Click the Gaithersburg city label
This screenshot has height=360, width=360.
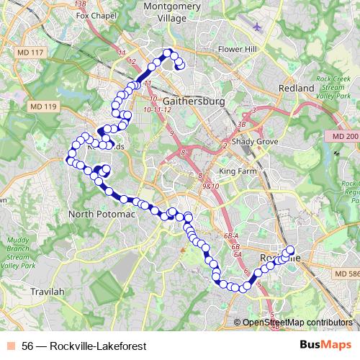[194, 102]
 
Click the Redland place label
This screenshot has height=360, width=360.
[297, 88]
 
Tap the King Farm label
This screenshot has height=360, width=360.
[238, 171]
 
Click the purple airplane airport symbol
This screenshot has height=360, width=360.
[258, 27]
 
